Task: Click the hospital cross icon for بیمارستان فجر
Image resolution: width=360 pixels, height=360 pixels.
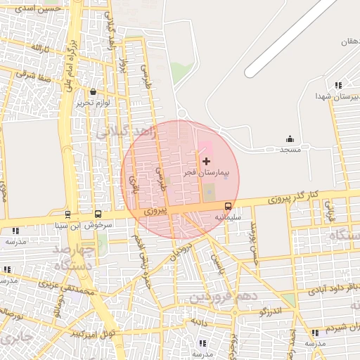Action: (206, 162)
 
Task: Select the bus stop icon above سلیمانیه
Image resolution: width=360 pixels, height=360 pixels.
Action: (228, 207)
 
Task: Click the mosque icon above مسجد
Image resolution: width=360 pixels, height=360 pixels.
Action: (290, 139)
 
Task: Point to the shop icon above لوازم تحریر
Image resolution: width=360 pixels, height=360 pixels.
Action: (94, 92)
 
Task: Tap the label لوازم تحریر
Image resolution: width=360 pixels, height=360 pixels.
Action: (94, 103)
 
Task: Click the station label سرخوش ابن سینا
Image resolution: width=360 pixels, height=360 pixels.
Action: (96, 225)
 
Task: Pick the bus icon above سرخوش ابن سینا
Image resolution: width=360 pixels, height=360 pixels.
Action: (98, 214)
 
